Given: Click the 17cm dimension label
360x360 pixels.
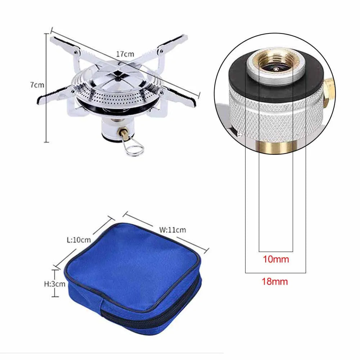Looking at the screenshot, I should click(125, 54).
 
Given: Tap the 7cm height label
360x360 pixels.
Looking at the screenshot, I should click(37, 85).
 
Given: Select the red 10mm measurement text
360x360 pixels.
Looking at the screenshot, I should click(276, 259).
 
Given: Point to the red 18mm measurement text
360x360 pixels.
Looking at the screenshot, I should click(275, 282).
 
